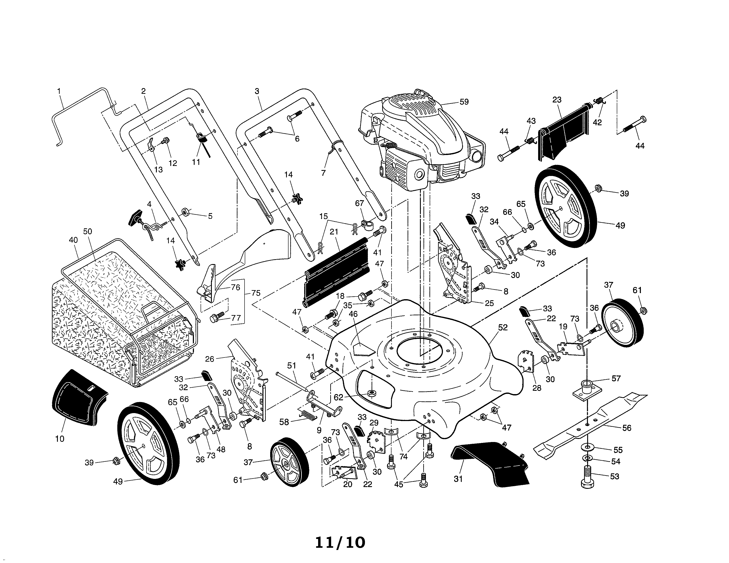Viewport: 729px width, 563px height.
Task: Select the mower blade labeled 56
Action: point(590,423)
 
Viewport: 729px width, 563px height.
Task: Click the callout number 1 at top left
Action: point(59,91)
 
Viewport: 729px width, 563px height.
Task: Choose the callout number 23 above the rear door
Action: point(557,100)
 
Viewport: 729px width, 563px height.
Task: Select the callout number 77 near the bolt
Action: point(236,318)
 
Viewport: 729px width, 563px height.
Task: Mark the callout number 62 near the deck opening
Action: point(338,397)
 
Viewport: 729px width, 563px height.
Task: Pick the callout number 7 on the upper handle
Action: point(323,173)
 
